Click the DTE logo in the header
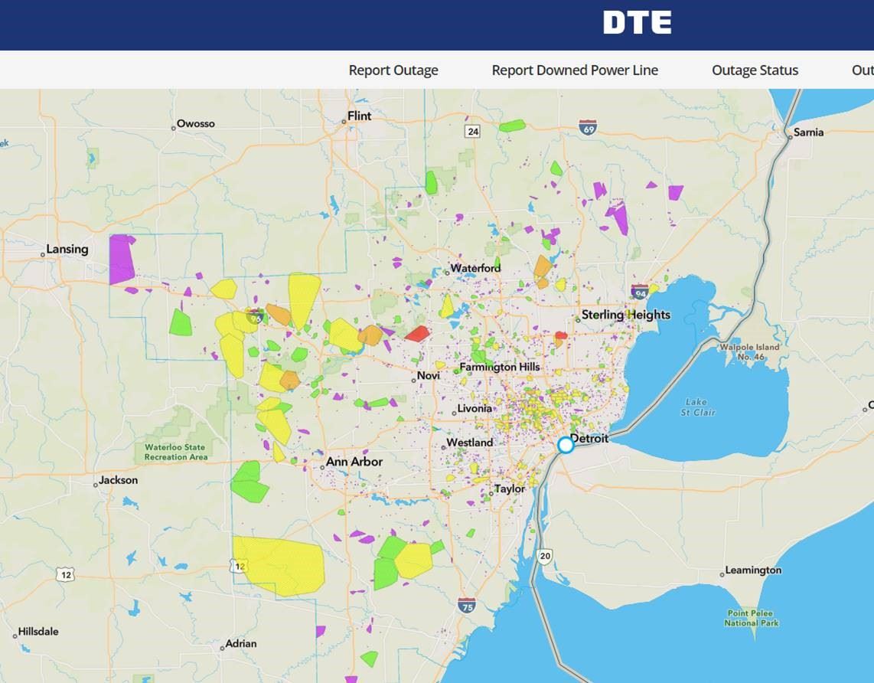[x=637, y=23]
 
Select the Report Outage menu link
[x=393, y=70]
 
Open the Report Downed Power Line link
[x=575, y=70]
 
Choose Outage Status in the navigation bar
[x=755, y=70]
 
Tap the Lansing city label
[x=67, y=249]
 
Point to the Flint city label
[x=359, y=116]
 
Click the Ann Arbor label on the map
[x=354, y=462]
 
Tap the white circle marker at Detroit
[x=566, y=445]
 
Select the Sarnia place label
[x=808, y=132]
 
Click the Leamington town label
[x=754, y=570]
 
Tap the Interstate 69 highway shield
[x=588, y=128]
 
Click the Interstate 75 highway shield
[x=467, y=606]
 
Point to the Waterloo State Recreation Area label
[x=176, y=453]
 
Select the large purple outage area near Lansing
[x=122, y=259]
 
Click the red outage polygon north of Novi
[x=417, y=333]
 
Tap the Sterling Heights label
[x=625, y=315]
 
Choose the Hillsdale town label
[x=38, y=632]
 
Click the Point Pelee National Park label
[x=752, y=619]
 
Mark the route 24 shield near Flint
[x=473, y=132]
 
